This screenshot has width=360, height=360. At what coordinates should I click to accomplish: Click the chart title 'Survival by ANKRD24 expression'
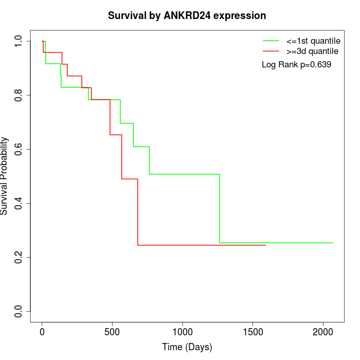[x=187, y=16]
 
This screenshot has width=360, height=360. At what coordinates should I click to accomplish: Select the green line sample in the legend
[x=271, y=40]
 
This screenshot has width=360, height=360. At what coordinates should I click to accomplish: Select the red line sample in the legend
[x=271, y=51]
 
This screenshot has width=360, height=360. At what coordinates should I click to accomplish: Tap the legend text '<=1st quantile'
[x=313, y=40]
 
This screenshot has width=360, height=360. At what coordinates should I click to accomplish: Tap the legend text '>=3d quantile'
[x=313, y=51]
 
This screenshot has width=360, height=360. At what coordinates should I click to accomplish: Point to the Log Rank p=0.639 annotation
[x=296, y=65]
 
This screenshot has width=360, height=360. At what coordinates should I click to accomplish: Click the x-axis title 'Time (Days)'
[x=187, y=347]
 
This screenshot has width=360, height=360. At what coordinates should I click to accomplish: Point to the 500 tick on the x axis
[x=112, y=332]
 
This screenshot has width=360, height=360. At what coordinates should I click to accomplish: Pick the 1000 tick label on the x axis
[x=183, y=332]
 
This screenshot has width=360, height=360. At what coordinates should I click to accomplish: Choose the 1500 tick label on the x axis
[x=253, y=332]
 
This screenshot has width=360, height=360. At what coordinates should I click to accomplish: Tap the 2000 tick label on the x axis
[x=323, y=332]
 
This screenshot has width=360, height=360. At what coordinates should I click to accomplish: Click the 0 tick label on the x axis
[x=42, y=332]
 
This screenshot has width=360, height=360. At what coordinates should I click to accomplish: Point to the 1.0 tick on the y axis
[x=19, y=41]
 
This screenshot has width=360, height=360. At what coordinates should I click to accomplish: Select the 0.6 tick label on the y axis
[x=19, y=149]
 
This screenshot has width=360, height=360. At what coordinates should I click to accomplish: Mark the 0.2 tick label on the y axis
[x=19, y=257]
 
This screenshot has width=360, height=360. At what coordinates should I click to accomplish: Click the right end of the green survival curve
[x=333, y=243]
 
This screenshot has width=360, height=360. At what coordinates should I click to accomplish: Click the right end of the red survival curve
[x=265, y=245]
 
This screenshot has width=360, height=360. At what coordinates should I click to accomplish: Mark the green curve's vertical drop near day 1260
[x=220, y=208]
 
